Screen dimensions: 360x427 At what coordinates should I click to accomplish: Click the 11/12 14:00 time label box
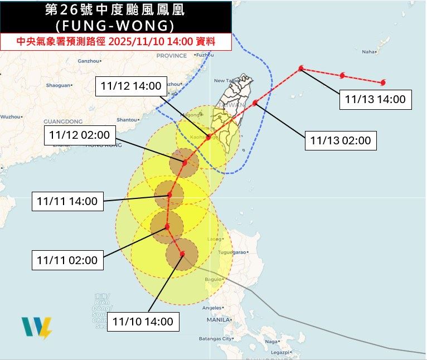point(132,86)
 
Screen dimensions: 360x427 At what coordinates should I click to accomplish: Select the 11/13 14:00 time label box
point(375,100)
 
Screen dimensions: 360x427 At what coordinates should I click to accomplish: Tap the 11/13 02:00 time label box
point(341,140)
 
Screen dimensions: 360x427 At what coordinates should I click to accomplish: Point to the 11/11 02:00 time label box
point(67,260)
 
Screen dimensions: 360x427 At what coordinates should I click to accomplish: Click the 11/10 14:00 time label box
point(143,321)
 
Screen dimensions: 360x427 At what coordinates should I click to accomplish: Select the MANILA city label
point(219,320)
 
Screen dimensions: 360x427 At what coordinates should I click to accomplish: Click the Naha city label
point(369,52)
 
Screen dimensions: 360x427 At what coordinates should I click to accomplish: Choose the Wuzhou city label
point(9,116)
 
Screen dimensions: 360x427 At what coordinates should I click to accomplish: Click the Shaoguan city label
point(58,85)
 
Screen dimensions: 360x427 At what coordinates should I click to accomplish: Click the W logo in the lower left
point(37,328)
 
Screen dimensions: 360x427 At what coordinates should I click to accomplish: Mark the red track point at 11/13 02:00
point(255,103)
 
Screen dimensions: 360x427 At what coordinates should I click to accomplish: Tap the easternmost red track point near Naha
point(383,83)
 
